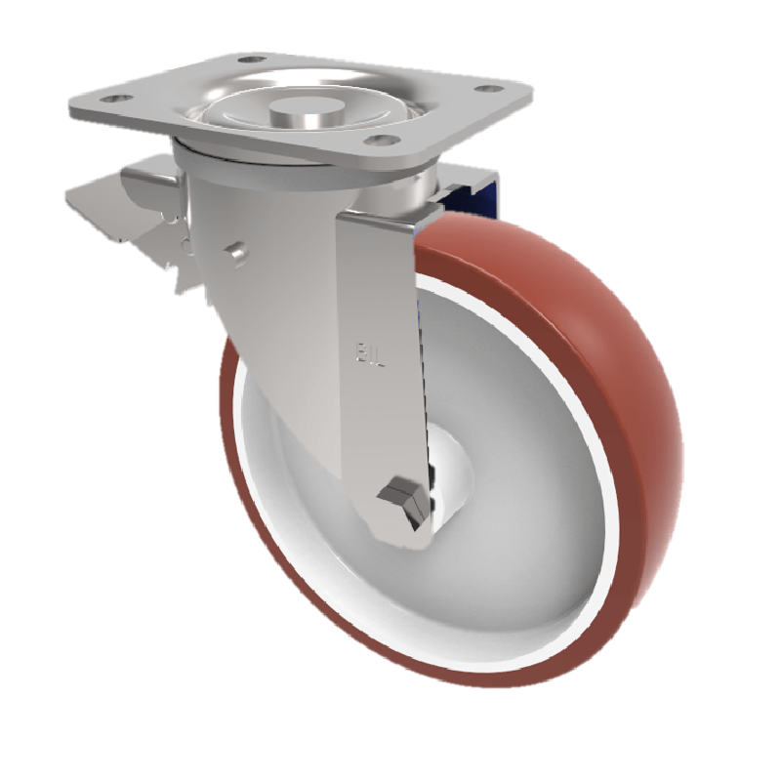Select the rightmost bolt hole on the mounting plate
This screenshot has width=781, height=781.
pos(483,91)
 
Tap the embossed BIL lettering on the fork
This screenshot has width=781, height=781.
pos(366,349)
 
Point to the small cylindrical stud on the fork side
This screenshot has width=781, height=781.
pos(234,252)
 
